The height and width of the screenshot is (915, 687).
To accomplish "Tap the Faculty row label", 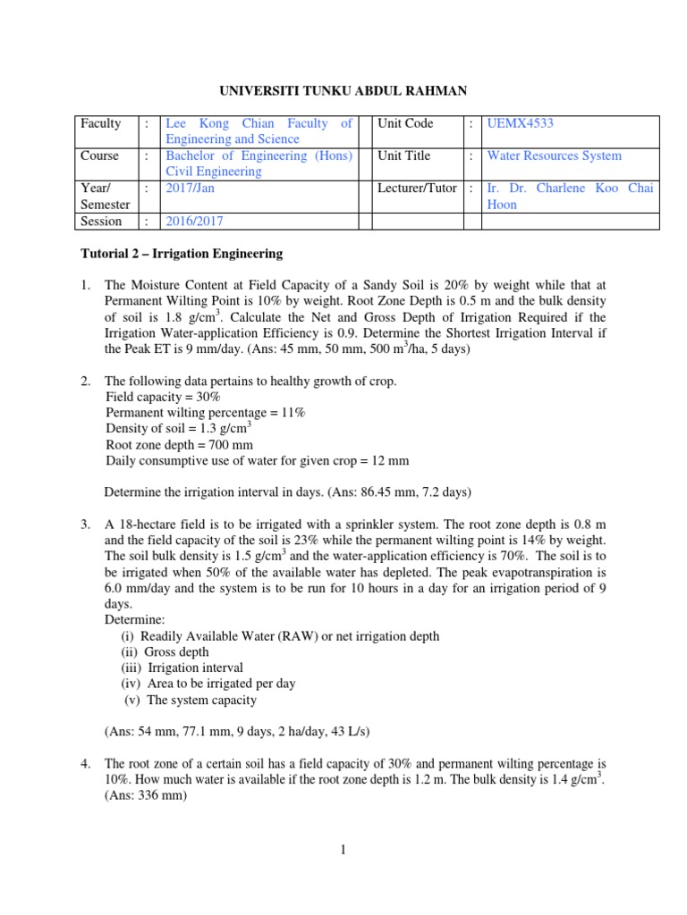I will tap(99, 123).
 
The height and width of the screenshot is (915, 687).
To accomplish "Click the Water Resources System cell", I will tap(554, 155).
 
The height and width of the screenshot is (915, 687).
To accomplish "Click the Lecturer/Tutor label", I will tap(417, 189).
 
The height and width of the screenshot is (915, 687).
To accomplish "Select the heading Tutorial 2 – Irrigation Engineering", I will tap(182, 254).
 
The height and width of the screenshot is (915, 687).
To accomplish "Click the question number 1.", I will tap(86, 285).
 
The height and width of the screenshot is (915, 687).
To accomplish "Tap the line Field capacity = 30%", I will tap(163, 396).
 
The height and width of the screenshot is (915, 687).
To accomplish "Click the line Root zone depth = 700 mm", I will tap(179, 444).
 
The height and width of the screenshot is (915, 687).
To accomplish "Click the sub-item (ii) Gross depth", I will tap(165, 651).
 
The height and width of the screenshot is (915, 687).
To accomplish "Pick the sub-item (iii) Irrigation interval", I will tap(182, 667).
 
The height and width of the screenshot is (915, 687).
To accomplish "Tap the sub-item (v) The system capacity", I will tap(190, 700).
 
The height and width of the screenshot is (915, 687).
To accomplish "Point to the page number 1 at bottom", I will tap(343, 850).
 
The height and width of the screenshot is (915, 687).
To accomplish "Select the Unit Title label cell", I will tap(404, 155).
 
